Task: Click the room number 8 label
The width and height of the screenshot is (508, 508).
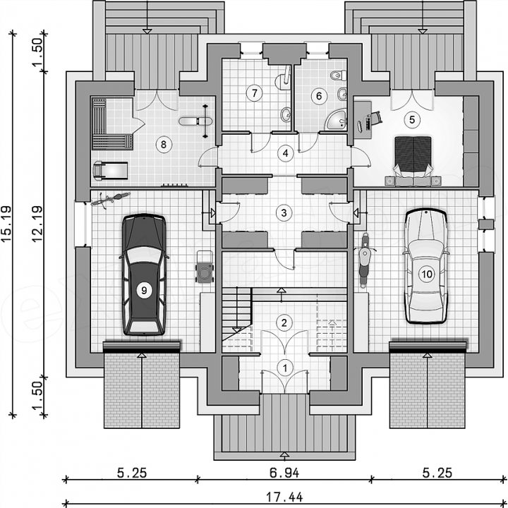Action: [x=163, y=144]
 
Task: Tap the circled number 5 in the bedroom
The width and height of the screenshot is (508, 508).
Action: [x=412, y=119]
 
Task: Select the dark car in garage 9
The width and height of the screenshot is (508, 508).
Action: [x=144, y=274]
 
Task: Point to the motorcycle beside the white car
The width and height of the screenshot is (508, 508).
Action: [x=365, y=260]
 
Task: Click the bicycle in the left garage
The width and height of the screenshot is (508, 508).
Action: [x=111, y=198]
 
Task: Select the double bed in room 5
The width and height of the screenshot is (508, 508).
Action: [x=413, y=161]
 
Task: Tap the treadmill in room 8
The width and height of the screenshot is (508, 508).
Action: [x=110, y=169]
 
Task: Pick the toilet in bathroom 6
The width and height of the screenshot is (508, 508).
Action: [x=339, y=75]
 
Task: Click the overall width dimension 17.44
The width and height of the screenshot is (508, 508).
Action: [x=285, y=497]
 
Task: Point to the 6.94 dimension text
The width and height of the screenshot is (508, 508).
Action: [x=284, y=473]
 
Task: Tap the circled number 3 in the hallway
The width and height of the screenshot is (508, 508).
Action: [x=284, y=213]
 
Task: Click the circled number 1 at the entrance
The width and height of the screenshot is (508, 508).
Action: [x=285, y=368]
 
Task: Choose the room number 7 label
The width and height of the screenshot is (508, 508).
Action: [x=254, y=93]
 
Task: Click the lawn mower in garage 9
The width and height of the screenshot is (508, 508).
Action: [x=205, y=267]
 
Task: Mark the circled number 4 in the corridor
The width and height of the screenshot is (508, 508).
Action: [x=285, y=153]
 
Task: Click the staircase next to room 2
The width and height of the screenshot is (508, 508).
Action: [x=237, y=313]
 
